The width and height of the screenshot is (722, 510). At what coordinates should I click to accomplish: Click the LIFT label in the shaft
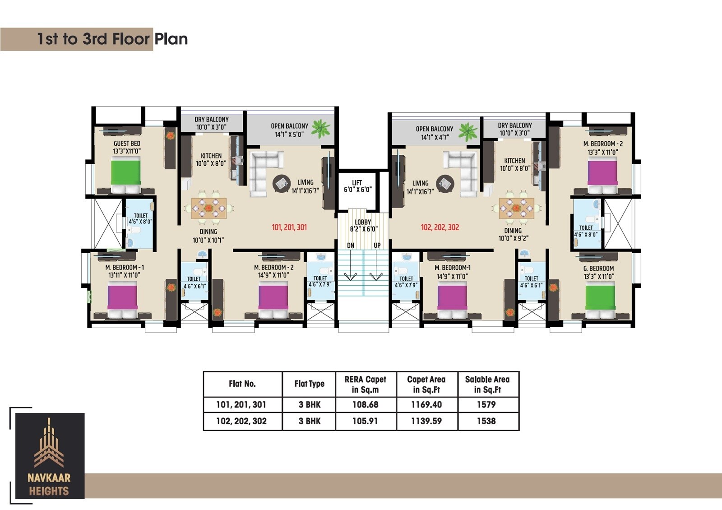pos(357,183)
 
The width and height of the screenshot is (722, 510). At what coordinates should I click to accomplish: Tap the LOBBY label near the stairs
pos(363,222)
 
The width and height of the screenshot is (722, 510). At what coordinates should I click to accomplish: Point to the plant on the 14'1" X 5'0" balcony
pos(321,128)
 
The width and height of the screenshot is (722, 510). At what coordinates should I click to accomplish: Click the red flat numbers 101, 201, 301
pos(289,227)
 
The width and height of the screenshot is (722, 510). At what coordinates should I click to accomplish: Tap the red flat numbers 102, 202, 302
pos(440,227)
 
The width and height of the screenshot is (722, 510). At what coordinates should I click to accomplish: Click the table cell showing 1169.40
pos(426,404)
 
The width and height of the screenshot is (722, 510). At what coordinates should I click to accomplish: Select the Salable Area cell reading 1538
pos(487,421)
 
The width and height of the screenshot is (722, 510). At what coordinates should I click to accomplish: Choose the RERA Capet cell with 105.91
pos(365,421)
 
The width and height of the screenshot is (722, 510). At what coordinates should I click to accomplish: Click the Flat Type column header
pos(310,384)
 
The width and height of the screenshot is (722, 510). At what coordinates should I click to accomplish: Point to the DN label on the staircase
pos(351,246)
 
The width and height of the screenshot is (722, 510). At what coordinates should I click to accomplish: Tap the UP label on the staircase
pos(377,246)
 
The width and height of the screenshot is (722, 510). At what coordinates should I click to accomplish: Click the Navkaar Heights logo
pos(50,456)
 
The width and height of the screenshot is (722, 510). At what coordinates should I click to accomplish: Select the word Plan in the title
pos(171,39)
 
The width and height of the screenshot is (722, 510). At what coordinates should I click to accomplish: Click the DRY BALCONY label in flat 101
pos(212,119)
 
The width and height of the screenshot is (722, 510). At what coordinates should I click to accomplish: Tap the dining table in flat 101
pos(209,208)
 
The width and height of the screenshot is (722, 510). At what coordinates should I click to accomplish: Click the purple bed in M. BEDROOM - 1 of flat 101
pos(122,300)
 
